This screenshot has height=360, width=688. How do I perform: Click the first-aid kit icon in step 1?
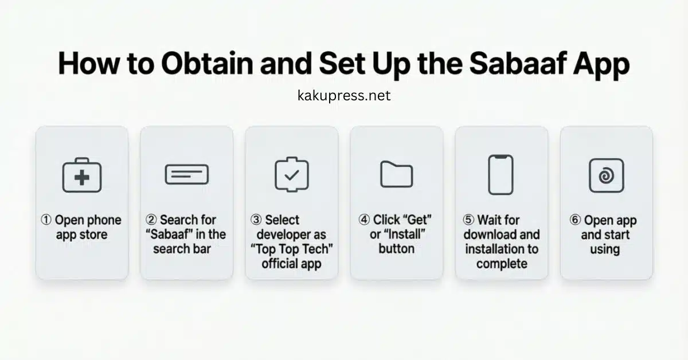(x=81, y=175)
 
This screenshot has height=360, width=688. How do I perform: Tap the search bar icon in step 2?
(x=186, y=174)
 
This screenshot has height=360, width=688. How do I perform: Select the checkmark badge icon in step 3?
(x=291, y=174)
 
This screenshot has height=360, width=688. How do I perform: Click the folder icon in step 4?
(x=396, y=174)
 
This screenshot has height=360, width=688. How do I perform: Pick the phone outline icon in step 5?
(x=501, y=174)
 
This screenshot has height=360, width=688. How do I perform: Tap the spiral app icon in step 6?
(x=606, y=175)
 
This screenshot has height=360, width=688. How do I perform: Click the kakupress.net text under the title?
(x=344, y=95)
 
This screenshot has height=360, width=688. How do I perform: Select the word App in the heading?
(x=599, y=65)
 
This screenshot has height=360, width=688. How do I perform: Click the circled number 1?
(x=46, y=220)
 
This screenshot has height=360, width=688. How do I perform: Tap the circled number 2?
(x=151, y=220)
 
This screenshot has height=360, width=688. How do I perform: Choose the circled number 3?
(x=256, y=220)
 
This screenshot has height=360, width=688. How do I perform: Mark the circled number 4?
(x=363, y=220)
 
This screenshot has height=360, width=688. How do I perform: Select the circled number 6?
(x=575, y=220)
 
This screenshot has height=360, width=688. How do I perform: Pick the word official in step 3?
(x=280, y=264)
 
